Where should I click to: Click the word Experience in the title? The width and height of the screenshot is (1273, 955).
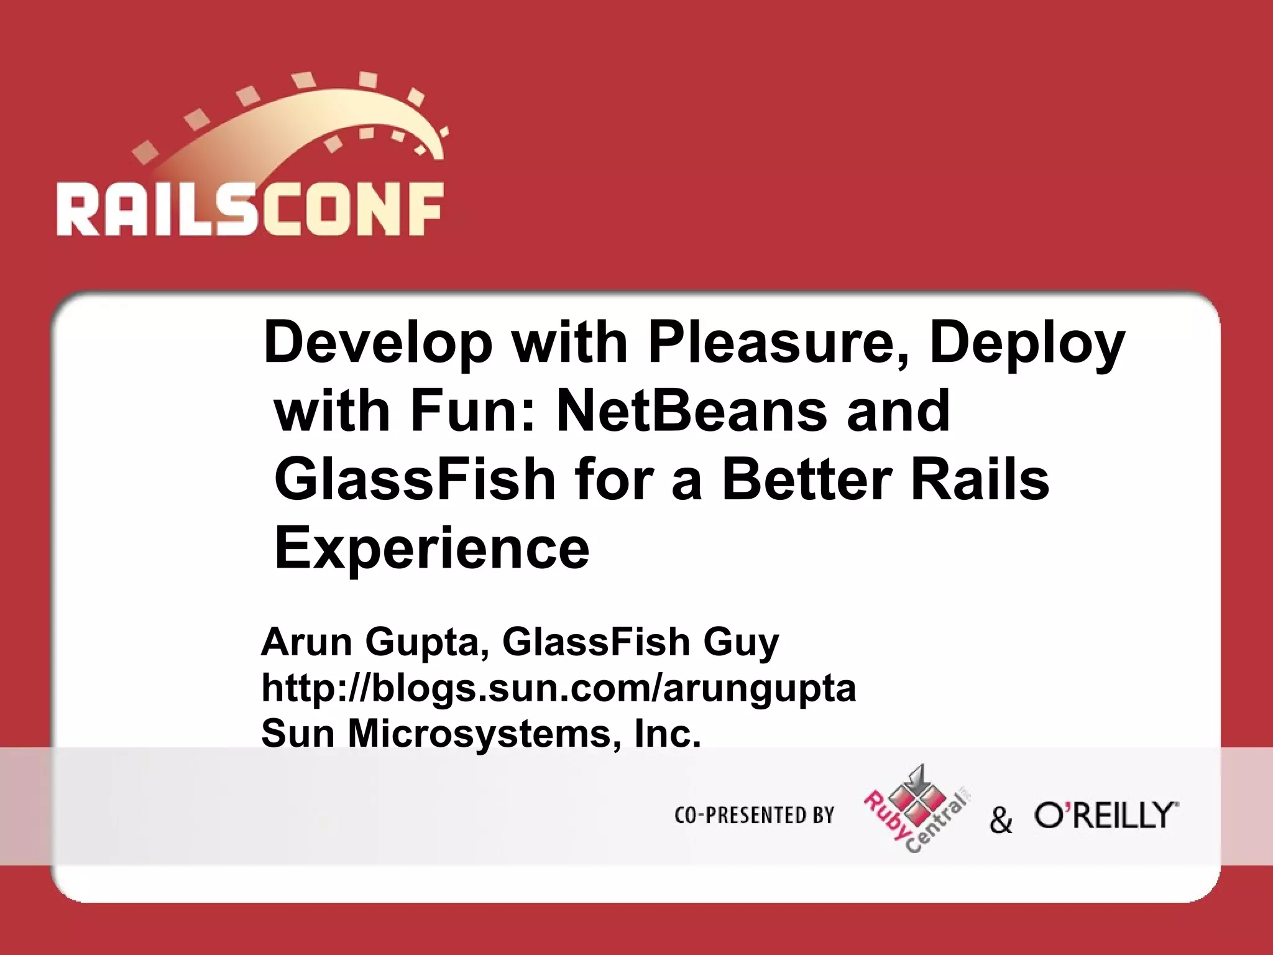click(431, 548)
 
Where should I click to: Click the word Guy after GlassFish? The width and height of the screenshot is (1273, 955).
click(741, 643)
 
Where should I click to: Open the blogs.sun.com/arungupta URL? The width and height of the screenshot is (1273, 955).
click(558, 688)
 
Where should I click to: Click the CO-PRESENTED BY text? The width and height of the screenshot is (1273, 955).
click(754, 815)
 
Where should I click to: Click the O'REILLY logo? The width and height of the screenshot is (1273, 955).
click(1106, 815)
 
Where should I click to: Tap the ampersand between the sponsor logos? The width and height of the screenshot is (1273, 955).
click(1001, 819)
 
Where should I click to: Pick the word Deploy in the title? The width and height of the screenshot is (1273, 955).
click(1027, 343)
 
